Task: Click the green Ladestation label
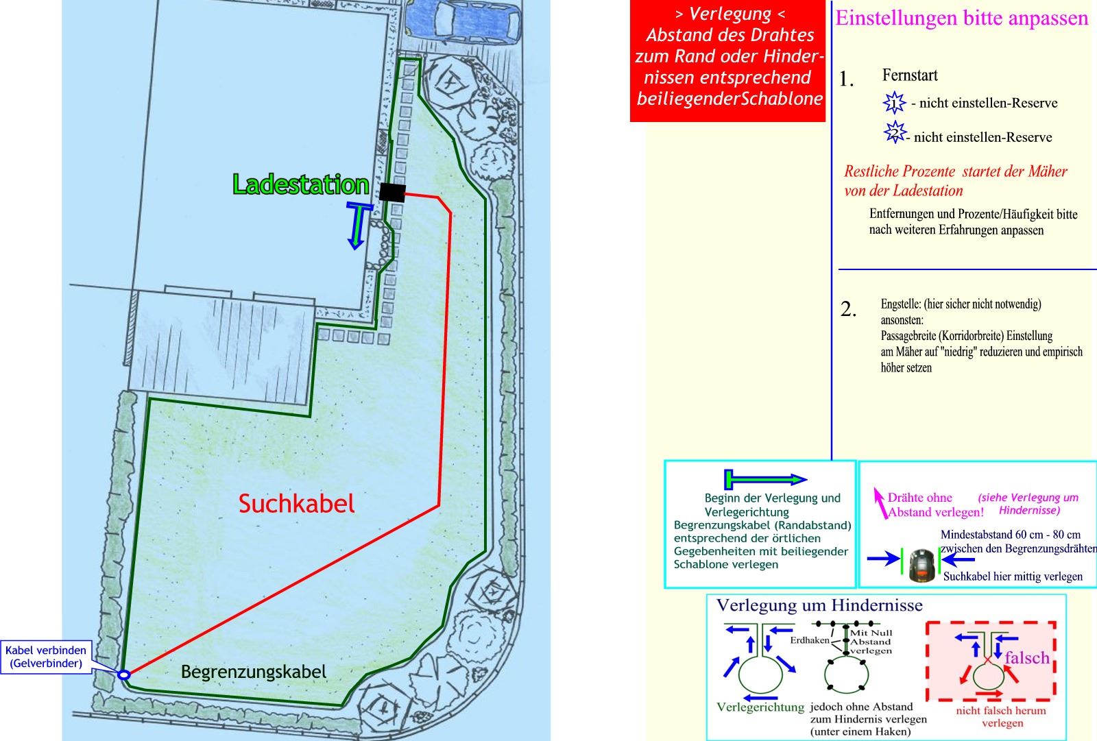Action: (x=300, y=184)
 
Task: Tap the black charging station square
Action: (x=392, y=193)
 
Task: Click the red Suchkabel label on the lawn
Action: (x=296, y=504)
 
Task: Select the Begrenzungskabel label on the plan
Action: (x=254, y=672)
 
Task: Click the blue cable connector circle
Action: (x=123, y=675)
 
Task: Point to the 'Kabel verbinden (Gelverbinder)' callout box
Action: (x=46, y=657)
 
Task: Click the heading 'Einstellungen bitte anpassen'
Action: (x=961, y=19)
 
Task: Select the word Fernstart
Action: (x=910, y=75)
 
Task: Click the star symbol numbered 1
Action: (x=894, y=104)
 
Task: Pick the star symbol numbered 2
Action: (x=895, y=132)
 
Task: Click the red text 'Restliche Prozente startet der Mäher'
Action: (x=956, y=171)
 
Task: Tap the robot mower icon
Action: (x=921, y=564)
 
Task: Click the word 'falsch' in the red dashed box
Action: (x=1027, y=657)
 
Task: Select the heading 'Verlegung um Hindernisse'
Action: (x=819, y=605)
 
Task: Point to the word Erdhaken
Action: (x=809, y=640)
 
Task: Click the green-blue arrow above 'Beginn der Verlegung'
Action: (x=766, y=479)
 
